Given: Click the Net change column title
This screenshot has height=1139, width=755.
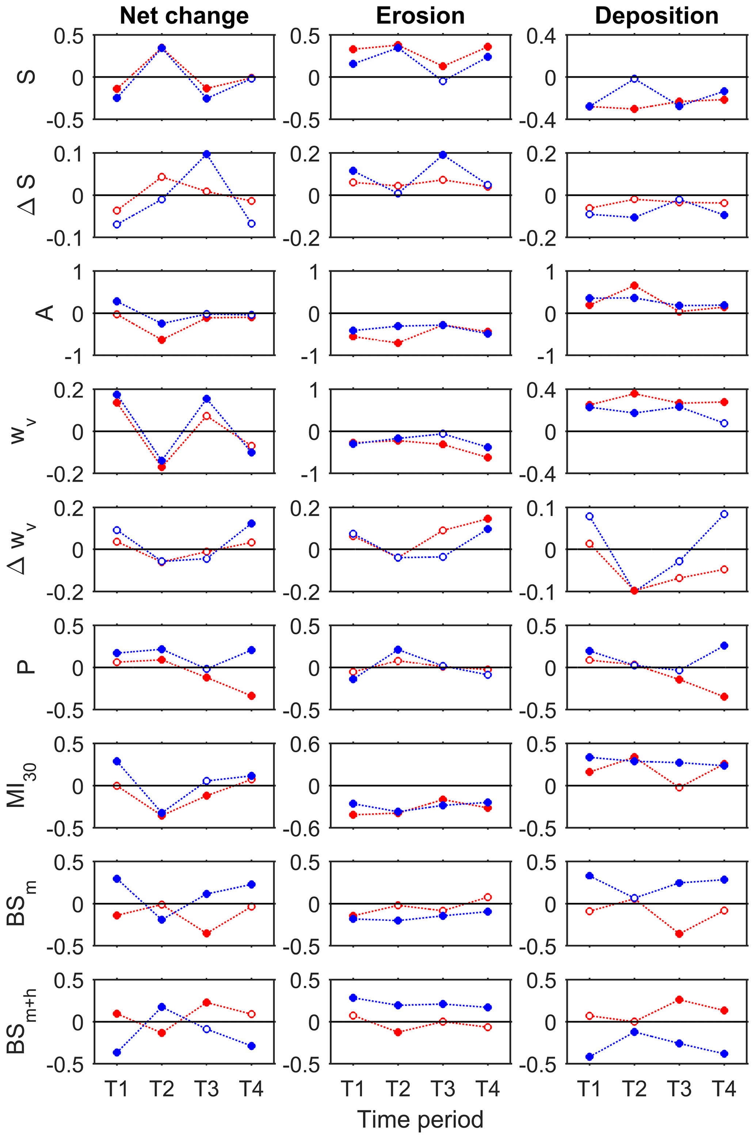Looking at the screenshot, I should click(x=184, y=16).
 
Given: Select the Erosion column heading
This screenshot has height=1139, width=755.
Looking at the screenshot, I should click(x=420, y=16).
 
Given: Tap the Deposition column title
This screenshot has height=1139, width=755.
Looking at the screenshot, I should click(x=656, y=16).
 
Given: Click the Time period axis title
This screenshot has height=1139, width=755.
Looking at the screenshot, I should click(x=420, y=1119).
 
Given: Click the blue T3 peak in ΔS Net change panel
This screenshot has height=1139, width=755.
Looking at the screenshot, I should click(x=207, y=154).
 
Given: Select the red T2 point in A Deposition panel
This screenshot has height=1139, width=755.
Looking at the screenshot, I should click(x=634, y=285).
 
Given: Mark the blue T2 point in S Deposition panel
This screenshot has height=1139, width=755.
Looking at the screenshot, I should click(x=634, y=79).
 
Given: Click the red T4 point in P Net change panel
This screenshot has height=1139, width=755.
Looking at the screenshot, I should click(x=251, y=696).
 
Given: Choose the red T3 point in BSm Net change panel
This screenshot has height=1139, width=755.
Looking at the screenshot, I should click(x=207, y=933).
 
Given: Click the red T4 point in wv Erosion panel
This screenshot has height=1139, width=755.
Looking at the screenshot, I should click(x=488, y=457).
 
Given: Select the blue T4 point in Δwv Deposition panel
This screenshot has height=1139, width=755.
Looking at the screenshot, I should click(x=724, y=514).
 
